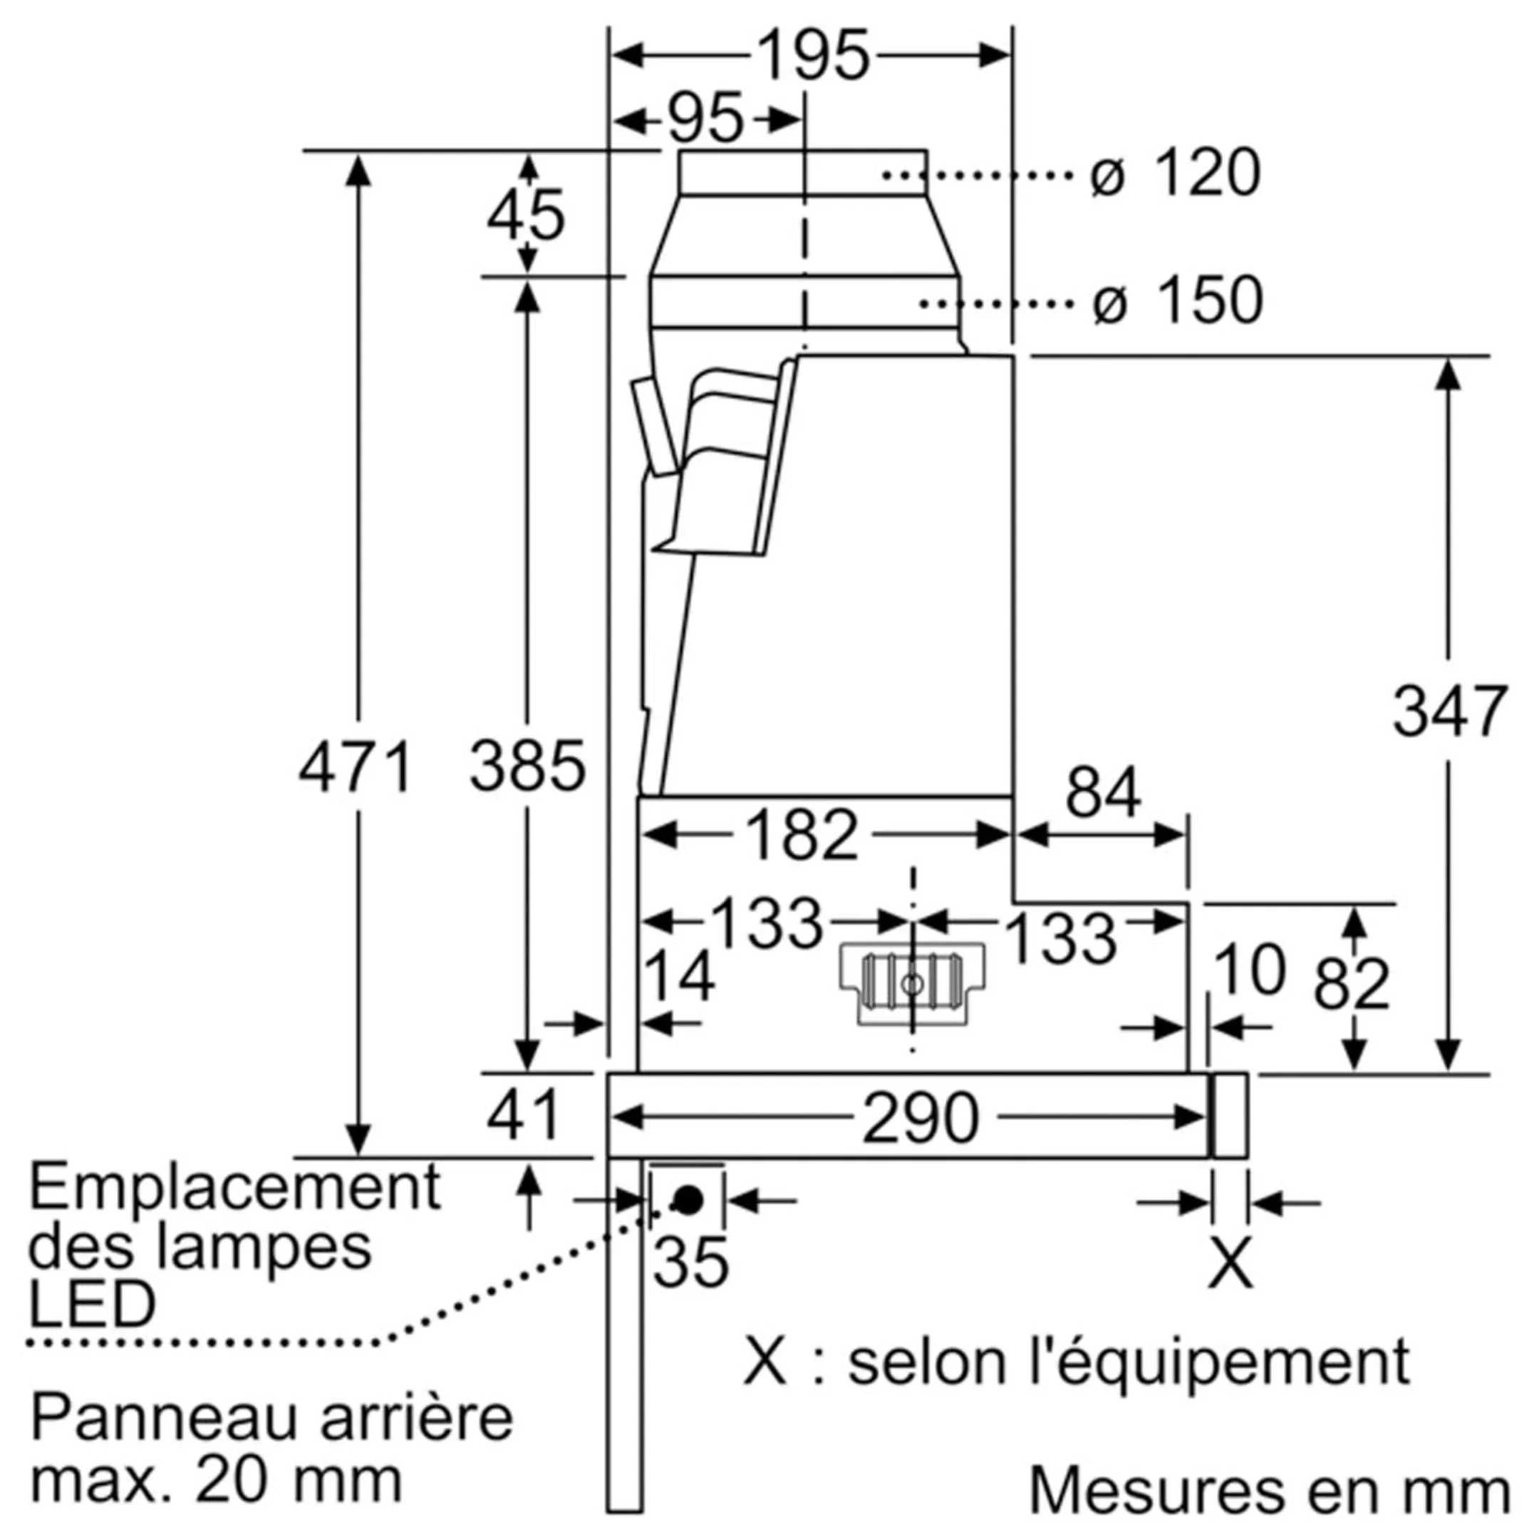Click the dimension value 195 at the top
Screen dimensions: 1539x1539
[x=812, y=56]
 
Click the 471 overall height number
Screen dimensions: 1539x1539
[x=356, y=767]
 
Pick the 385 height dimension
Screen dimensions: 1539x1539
[x=527, y=767]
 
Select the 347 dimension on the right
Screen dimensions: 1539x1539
[x=1449, y=711]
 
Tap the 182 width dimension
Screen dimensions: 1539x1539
[x=802, y=836]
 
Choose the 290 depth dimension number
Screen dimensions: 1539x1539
[x=920, y=1118]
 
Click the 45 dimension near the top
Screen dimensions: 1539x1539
[x=526, y=215]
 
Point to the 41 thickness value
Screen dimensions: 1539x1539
[x=524, y=1114]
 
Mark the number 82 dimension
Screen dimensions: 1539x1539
[x=1352, y=984]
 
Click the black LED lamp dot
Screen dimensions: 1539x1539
[x=688, y=1200]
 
